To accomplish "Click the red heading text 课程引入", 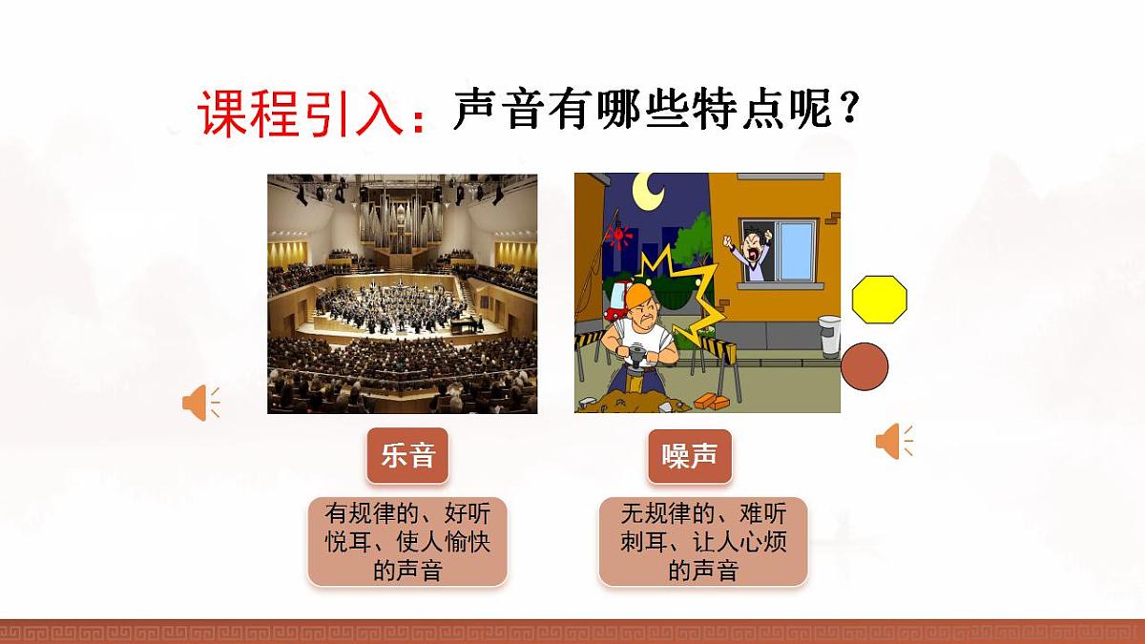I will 303,114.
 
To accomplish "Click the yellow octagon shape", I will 879,299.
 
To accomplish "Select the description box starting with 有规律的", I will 406,541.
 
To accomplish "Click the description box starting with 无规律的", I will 703,541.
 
